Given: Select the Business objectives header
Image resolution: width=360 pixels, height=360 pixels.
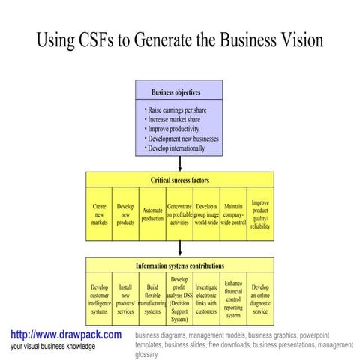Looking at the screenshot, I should (179, 92).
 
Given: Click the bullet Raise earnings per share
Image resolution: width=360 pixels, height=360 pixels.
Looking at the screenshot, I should (179, 110).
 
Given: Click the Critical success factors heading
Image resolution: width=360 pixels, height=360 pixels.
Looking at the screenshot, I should (180, 181).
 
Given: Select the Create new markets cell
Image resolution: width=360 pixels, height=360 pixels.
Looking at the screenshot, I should (99, 214).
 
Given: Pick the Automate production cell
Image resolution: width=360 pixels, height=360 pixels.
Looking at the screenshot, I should (152, 214).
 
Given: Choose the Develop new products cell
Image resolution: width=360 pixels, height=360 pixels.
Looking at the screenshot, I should (125, 214).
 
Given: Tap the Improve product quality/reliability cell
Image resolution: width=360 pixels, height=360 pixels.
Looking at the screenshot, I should (260, 214).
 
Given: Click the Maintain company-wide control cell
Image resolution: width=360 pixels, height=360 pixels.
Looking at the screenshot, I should (233, 214).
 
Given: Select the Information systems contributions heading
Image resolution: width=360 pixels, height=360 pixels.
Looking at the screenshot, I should (180, 265).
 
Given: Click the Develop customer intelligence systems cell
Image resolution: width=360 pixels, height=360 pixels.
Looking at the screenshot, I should (99, 298).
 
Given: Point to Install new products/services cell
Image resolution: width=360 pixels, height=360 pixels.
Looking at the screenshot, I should (125, 298).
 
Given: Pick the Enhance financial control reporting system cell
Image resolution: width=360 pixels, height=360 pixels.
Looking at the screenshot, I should (233, 298).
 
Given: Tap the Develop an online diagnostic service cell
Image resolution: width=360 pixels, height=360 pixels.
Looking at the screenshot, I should (260, 298).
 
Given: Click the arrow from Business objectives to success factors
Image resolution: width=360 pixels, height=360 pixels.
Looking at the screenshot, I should (180, 164).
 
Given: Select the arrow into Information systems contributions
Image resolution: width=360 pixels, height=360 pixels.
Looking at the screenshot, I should (180, 249).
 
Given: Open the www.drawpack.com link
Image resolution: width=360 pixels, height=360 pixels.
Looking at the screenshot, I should (66, 334).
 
